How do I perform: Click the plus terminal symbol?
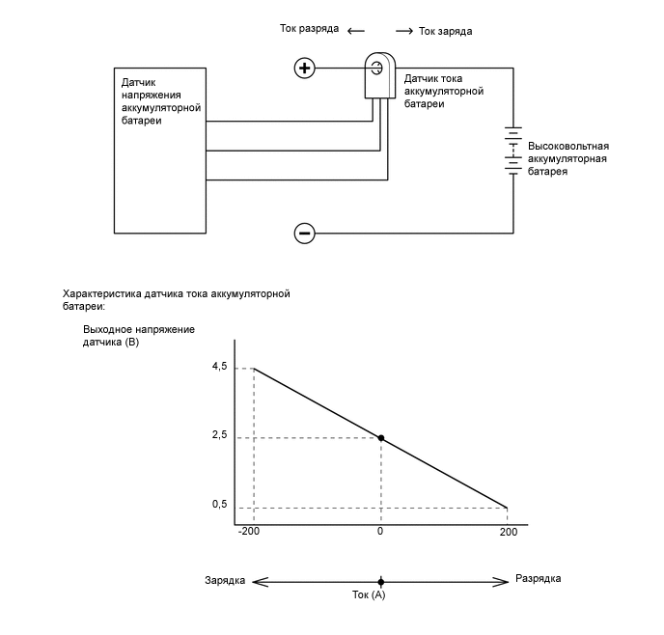pos(305,68)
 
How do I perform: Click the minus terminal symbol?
pos(305,233)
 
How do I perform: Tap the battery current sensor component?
pos(376,77)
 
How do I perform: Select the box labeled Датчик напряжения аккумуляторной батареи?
pos(159,150)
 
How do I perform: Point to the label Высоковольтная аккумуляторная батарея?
pos(568,158)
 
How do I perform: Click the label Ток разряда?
pos(308,29)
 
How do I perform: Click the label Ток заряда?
pos(446,31)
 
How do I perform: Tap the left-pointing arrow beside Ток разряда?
pos(356,30)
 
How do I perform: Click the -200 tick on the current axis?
pos(249,532)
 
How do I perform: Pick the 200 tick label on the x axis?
pos(508,532)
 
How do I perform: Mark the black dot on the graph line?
pos(381,438)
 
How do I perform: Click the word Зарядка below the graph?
pos(224,580)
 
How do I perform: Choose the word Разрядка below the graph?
pos(539,579)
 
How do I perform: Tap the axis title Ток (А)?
pos(368,595)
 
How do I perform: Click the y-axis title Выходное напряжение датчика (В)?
pos(139,335)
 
